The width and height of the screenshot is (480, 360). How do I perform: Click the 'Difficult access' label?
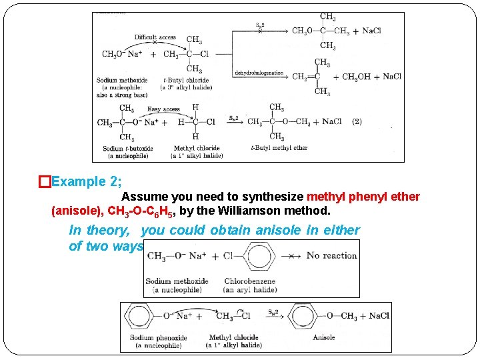click(155, 37)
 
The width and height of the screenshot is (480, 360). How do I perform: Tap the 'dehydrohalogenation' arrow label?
click(259, 73)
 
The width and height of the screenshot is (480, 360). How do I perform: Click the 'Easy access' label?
click(163, 109)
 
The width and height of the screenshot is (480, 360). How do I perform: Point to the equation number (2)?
click(357, 122)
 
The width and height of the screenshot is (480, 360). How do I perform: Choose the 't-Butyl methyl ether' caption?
click(279, 148)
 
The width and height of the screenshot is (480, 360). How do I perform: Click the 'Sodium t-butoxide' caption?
click(128, 148)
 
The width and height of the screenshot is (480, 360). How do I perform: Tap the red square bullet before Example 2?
click(44, 181)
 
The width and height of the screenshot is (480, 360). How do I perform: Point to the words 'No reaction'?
click(332, 255)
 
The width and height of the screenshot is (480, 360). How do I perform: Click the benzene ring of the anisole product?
click(305, 316)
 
